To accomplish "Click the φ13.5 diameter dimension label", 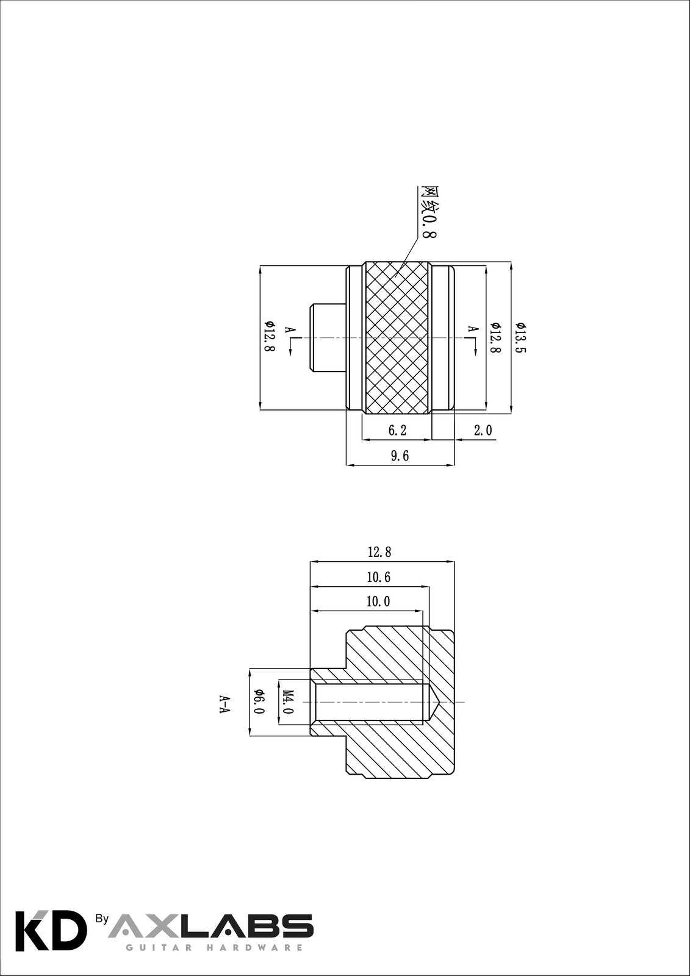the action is tap(520, 338).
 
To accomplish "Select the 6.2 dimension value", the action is tap(397, 431).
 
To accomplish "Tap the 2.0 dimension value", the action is tap(483, 431).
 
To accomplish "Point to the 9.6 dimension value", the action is tap(400, 456).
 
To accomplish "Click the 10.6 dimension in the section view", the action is tap(379, 578).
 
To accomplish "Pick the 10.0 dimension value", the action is tap(378, 602).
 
